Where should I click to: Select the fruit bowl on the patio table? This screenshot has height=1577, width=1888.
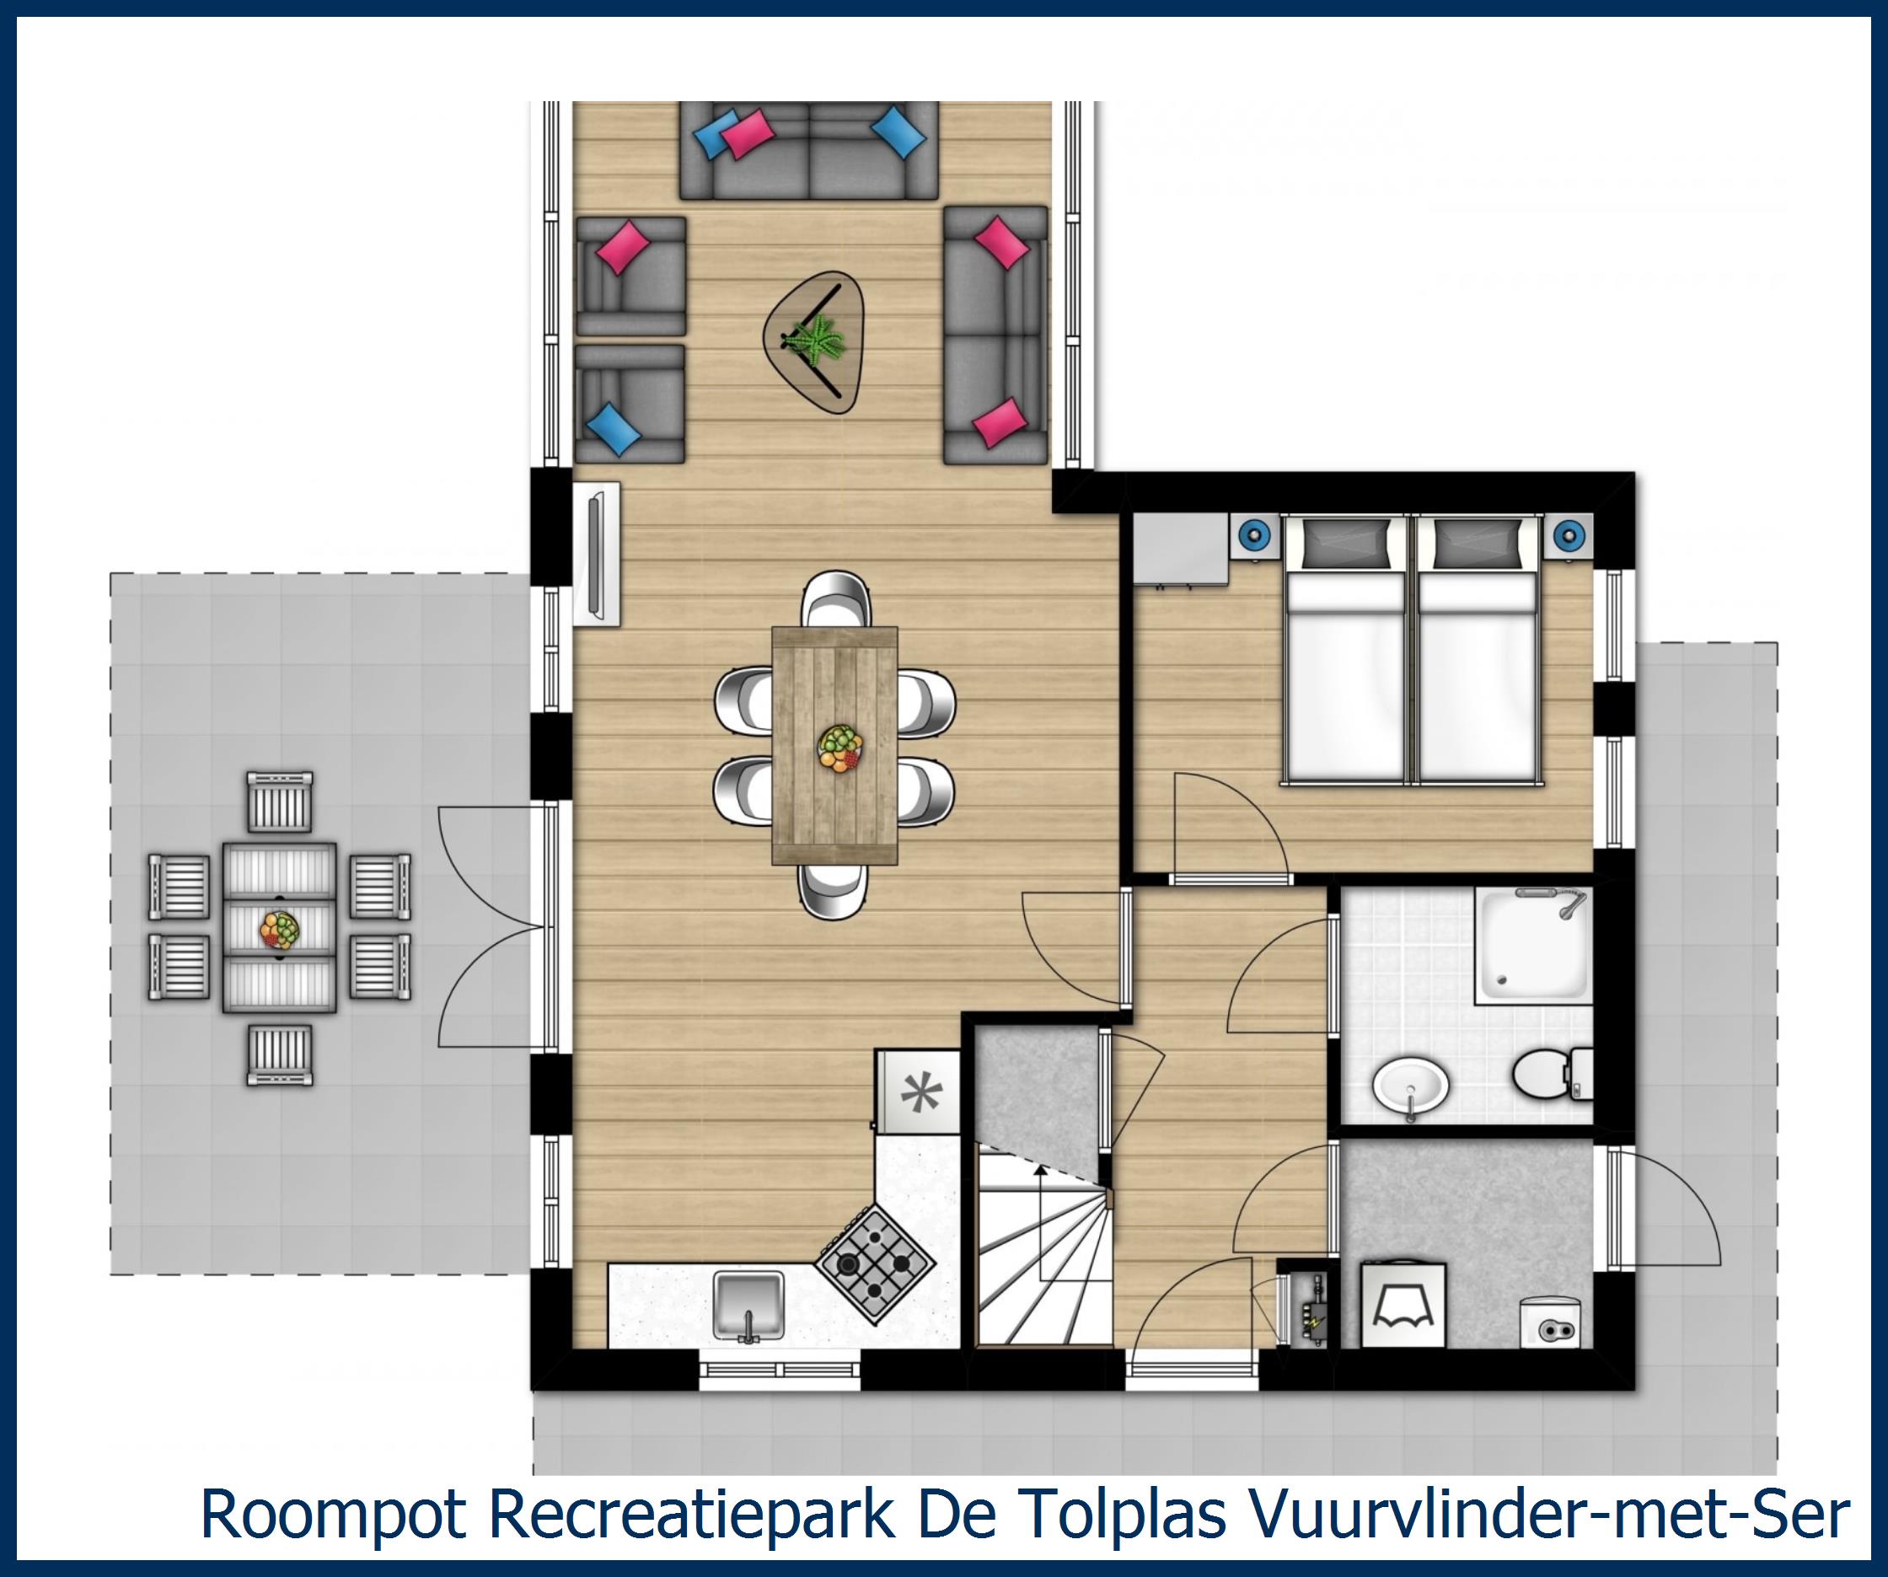click(x=280, y=929)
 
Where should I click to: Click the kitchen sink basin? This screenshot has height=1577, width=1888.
click(x=748, y=1303)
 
